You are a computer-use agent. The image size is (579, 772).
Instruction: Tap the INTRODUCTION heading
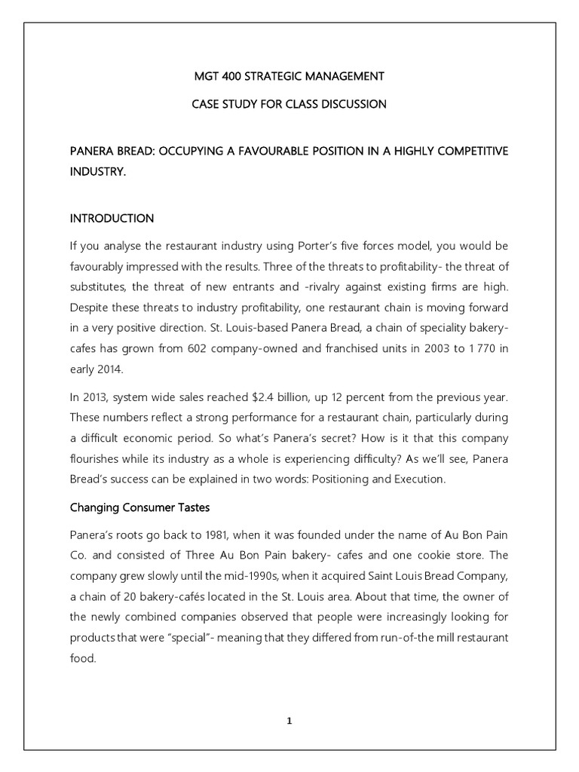pyautogui.click(x=112, y=219)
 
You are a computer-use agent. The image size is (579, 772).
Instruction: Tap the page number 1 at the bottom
pyautogui.click(x=289, y=721)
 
